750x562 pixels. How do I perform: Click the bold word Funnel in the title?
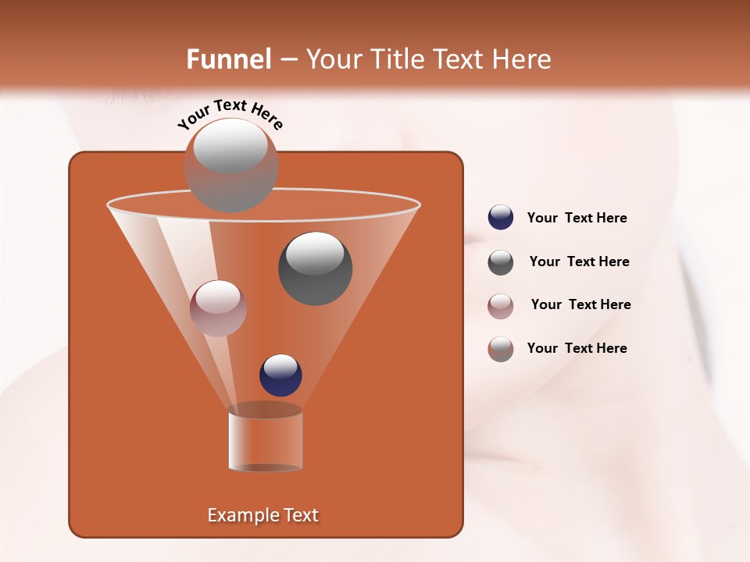[x=229, y=59]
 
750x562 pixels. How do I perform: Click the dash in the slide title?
[x=287, y=59]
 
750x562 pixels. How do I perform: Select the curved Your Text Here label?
[x=230, y=113]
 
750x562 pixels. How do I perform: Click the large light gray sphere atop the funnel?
[x=230, y=164]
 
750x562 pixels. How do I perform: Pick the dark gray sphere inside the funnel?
[x=316, y=268]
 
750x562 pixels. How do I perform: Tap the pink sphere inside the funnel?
[x=218, y=308]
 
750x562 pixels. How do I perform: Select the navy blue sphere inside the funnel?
[x=280, y=375]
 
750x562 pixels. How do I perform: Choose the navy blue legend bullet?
[x=501, y=218]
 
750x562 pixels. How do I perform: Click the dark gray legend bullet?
[x=501, y=262]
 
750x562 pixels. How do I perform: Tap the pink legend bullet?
[x=501, y=305]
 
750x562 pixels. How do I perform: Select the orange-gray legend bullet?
[x=501, y=349]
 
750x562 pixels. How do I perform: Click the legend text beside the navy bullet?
[x=577, y=219]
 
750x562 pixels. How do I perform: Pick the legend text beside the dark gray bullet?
[x=579, y=262]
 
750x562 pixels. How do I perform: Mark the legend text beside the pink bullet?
[x=580, y=305]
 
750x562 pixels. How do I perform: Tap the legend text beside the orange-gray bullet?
[x=577, y=349]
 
